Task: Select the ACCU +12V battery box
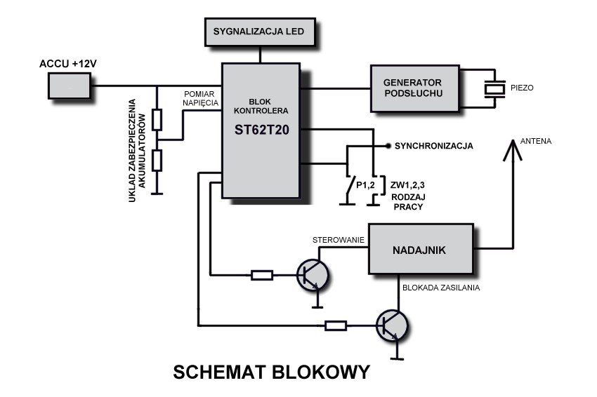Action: pos(70,86)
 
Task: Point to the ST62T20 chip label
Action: pos(261,131)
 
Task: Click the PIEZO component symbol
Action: pos(496,88)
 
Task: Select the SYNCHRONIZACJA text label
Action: pos(433,147)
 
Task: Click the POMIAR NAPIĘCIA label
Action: pos(202,98)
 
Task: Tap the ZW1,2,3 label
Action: pos(407,185)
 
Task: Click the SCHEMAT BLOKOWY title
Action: pos(270,372)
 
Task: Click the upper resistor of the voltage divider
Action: pos(157,120)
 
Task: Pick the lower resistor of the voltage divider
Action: pos(157,161)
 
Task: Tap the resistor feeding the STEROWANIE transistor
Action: pos(261,276)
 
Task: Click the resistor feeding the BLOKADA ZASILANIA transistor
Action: pos(335,325)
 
